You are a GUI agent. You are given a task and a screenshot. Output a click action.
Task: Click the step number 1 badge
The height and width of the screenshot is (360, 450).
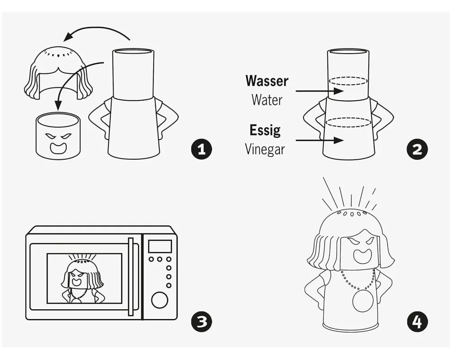click(x=202, y=149)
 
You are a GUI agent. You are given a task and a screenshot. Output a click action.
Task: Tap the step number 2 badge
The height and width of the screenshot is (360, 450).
click(x=417, y=149)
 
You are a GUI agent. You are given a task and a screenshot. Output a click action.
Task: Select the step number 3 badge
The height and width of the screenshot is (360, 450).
click(x=202, y=321)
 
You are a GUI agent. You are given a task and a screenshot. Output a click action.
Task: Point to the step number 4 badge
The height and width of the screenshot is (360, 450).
click(x=417, y=321)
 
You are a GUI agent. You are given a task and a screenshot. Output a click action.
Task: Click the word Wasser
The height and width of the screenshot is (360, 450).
click(x=266, y=81)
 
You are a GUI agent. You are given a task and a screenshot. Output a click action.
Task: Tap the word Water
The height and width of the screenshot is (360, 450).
click(x=267, y=100)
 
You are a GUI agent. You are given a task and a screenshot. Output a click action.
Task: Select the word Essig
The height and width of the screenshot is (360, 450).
click(x=265, y=130)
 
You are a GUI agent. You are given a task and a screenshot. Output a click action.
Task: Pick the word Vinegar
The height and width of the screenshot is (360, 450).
click(x=265, y=149)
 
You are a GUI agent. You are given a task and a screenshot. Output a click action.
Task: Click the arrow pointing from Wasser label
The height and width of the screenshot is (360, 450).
click(x=319, y=91)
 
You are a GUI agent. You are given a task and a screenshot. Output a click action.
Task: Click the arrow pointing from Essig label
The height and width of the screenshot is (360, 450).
click(x=319, y=140)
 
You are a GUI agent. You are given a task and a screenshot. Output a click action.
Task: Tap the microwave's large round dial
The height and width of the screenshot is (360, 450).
click(x=160, y=300)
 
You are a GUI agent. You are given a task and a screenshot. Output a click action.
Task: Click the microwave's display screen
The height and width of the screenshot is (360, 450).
click(x=160, y=246)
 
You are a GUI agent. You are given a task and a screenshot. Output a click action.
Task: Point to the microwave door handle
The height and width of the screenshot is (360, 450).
click(x=131, y=277)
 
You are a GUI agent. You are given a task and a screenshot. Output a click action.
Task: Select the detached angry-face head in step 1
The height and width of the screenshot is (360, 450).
click(x=58, y=136)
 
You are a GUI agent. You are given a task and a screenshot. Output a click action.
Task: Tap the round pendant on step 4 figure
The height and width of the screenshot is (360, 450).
click(x=363, y=301)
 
